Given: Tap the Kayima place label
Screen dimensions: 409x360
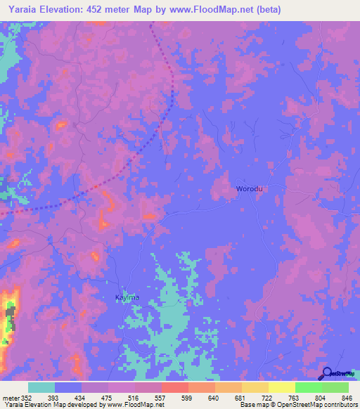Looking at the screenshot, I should click(x=127, y=297).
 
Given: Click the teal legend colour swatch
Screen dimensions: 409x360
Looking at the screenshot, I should click(x=41, y=387).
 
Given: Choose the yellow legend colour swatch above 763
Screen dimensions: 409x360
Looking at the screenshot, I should click(x=282, y=387).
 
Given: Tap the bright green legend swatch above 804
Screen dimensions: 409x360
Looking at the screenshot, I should click(x=309, y=387).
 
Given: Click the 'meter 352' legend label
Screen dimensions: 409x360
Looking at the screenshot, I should click(x=18, y=398).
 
